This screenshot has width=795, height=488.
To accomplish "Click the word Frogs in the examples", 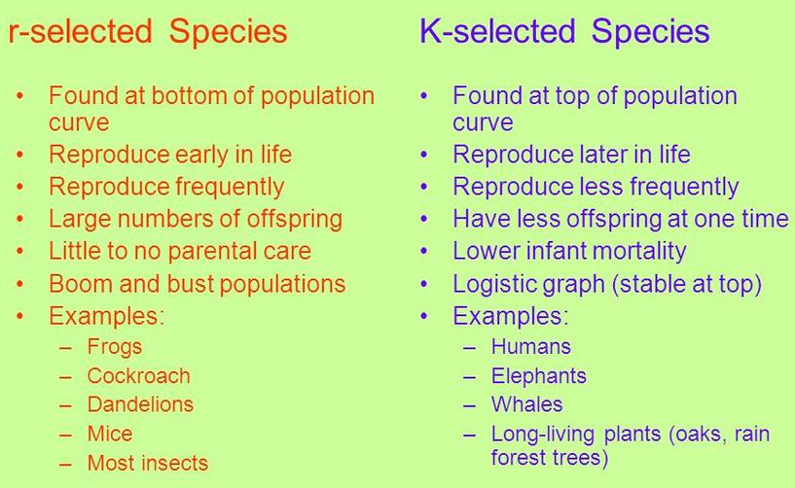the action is coord(115,347).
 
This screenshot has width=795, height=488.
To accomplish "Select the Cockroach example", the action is coord(138,376).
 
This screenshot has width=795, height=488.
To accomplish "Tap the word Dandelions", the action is coord(140,404).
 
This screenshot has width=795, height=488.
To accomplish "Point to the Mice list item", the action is coord(110,434).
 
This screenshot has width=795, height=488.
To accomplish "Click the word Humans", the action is coord(531,347).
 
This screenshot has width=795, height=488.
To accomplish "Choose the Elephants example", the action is coord(538,376).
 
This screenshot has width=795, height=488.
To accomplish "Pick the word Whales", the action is coord(526,404).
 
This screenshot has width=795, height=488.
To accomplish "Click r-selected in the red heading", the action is coord(80,31).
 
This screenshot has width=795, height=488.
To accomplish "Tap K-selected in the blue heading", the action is coord(497,31).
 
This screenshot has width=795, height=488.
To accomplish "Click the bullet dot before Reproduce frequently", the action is coord(19,187).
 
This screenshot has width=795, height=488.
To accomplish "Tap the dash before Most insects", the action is coord(65,464).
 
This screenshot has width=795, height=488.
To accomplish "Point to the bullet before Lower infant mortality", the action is coord(424,252).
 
